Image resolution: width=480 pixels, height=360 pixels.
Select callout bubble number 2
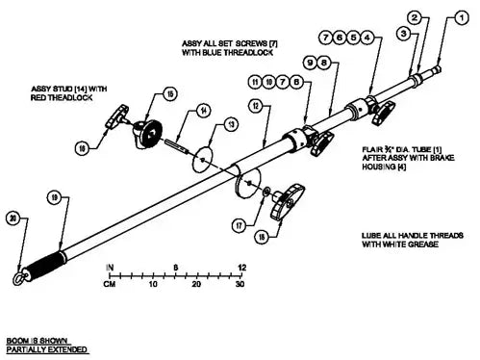(415, 17)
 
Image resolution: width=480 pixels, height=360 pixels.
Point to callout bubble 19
(53, 196)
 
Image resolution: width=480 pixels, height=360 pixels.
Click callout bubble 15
(169, 94)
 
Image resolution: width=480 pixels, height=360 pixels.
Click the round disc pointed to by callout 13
(202, 157)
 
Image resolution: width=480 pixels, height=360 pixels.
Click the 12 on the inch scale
(240, 267)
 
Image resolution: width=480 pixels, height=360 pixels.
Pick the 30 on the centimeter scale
(240, 286)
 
